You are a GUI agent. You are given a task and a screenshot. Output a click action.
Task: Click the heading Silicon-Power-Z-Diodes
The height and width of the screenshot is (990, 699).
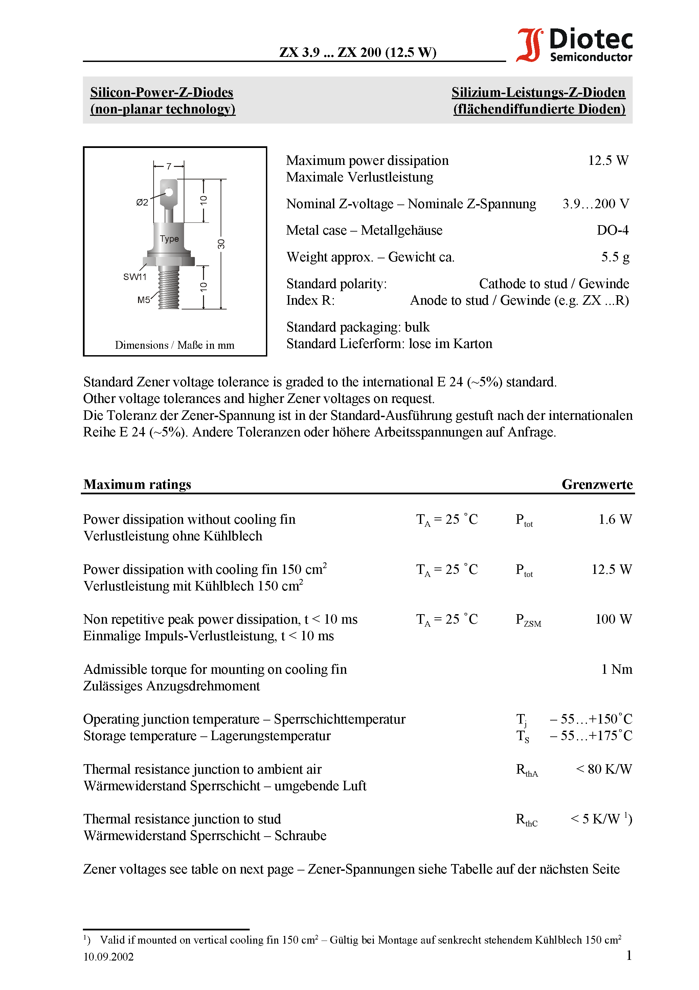pyautogui.click(x=162, y=92)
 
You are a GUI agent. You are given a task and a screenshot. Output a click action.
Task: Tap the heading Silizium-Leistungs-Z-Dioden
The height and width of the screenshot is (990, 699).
pyautogui.click(x=538, y=92)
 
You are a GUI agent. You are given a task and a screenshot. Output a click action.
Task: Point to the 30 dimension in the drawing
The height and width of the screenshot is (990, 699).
pyautogui.click(x=221, y=244)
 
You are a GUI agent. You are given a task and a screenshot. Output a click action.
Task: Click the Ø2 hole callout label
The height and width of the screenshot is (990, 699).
pyautogui.click(x=142, y=202)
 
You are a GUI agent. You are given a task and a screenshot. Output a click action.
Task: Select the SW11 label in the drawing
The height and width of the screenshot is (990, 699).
pyautogui.click(x=135, y=277)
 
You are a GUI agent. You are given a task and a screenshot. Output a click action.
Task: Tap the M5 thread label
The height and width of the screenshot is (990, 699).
pyautogui.click(x=143, y=300)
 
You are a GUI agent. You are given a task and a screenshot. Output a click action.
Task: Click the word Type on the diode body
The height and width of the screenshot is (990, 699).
pyautogui.click(x=170, y=238)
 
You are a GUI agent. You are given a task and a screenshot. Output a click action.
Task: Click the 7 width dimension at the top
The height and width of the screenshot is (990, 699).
pyautogui.click(x=169, y=166)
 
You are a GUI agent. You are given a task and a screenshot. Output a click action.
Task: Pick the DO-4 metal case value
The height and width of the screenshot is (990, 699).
pyautogui.click(x=612, y=230)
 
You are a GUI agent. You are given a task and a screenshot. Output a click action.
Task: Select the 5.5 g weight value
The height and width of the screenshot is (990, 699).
pyautogui.click(x=615, y=257)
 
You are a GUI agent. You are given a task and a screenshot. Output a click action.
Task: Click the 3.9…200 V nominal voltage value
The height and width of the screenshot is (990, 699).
pyautogui.click(x=595, y=203)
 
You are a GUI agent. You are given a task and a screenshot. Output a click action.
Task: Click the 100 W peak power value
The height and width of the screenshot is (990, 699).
pyautogui.click(x=613, y=619)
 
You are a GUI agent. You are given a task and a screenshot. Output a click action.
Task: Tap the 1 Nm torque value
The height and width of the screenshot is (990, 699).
pyautogui.click(x=617, y=669)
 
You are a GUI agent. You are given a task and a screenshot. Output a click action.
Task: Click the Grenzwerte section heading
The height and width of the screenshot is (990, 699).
pyautogui.click(x=597, y=484)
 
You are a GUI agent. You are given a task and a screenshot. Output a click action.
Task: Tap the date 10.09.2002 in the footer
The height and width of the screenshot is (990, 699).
pyautogui.click(x=109, y=957)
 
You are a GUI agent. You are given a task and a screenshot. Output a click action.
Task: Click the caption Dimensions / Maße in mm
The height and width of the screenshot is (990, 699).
pyautogui.click(x=175, y=345)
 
